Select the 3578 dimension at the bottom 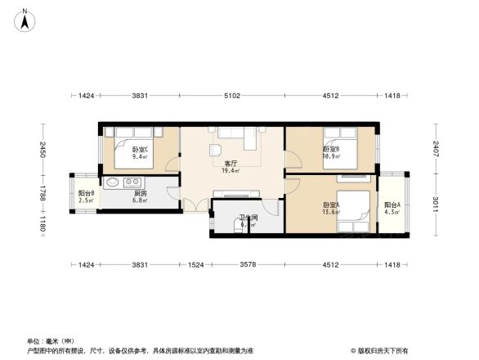(248, 264)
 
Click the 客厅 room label (230, 164)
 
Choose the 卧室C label (141, 149)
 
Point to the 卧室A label (331, 205)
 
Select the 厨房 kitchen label (141, 194)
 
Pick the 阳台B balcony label (86, 194)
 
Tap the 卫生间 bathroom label (248, 219)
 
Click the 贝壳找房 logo (379, 350)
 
